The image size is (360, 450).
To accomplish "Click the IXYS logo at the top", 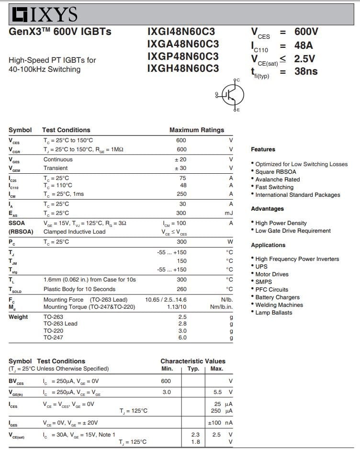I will (44, 14).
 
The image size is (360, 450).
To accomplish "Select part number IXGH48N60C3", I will (183, 68).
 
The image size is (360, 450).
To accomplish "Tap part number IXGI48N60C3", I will (181, 32).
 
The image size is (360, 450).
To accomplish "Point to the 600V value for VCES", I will (306, 32).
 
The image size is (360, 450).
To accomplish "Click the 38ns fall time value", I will (306, 71).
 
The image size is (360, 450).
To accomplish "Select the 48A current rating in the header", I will (303, 45).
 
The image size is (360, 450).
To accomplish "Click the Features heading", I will (263, 149).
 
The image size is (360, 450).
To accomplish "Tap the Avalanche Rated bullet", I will (277, 180).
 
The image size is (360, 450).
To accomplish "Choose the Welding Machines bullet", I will (279, 305).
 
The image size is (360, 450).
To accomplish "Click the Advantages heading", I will (267, 209).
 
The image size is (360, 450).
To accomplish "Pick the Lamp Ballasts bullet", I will (273, 313).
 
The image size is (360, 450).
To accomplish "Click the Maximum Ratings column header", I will (196, 130).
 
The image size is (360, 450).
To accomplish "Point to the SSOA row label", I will (17, 223).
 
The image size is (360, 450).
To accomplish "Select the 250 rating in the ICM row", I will (182, 194).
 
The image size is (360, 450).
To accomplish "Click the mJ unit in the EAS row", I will (229, 213).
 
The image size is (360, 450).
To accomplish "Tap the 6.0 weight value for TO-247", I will (182, 337).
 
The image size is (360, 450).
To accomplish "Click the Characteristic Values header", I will (192, 361).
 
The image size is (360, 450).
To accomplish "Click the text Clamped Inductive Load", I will (74, 232).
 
